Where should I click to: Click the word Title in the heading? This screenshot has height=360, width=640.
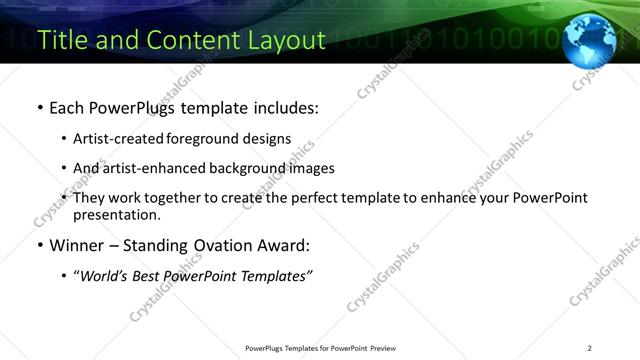(62, 40)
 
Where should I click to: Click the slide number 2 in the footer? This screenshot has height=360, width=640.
(590, 348)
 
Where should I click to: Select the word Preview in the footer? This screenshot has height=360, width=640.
(388, 348)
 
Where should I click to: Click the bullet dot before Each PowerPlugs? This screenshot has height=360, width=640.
(39, 107)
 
